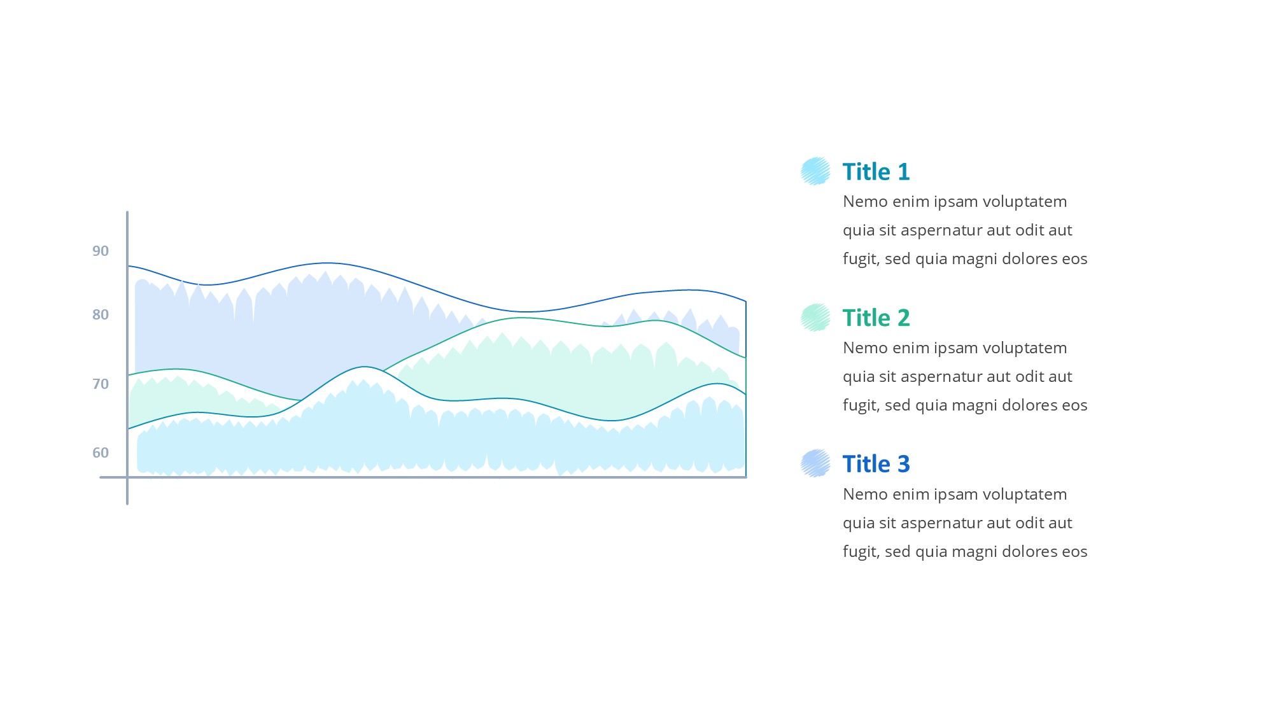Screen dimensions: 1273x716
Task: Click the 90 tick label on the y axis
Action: (x=101, y=251)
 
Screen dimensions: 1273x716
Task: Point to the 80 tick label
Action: (x=101, y=314)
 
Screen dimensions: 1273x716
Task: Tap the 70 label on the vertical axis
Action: (x=101, y=384)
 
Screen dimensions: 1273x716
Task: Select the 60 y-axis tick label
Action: (x=101, y=453)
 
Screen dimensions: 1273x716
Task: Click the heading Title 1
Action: (x=876, y=172)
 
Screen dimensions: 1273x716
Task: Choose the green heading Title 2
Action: (x=876, y=318)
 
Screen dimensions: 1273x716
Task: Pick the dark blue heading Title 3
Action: (x=876, y=464)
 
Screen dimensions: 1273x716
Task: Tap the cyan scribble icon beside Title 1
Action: (x=815, y=171)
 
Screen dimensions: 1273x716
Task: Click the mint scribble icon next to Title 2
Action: (x=815, y=318)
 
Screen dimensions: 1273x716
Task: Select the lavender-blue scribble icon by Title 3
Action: (x=815, y=463)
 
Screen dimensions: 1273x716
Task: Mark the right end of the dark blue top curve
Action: (x=745, y=302)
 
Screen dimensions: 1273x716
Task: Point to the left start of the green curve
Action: (x=129, y=375)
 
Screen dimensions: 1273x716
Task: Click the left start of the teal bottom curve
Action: (x=129, y=428)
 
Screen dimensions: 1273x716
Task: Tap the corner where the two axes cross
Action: (x=127, y=477)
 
